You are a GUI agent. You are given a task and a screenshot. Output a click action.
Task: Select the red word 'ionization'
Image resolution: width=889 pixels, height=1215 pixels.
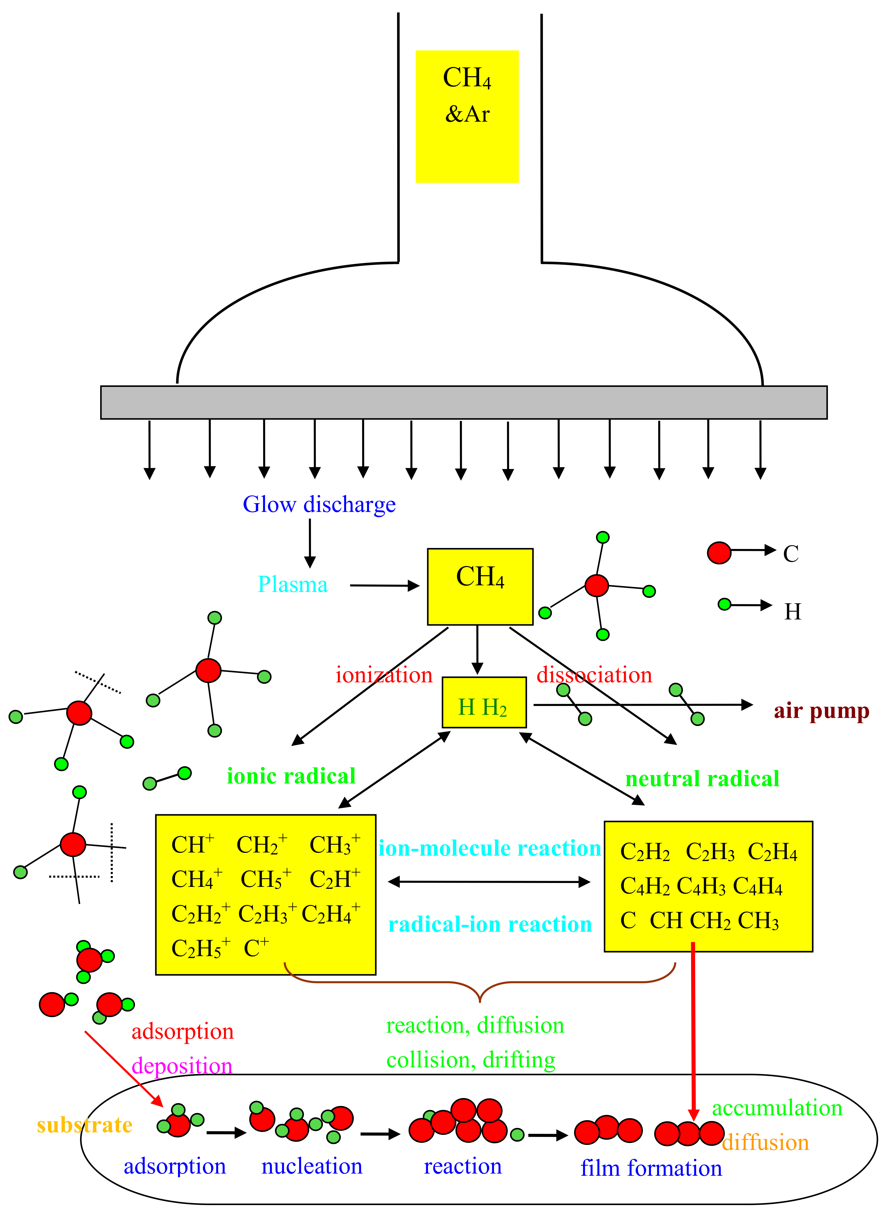click(x=384, y=675)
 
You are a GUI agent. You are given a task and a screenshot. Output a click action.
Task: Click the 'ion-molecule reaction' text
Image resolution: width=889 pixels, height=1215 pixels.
click(x=490, y=848)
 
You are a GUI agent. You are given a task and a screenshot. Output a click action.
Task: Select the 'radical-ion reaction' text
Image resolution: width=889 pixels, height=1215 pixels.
click(x=490, y=925)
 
